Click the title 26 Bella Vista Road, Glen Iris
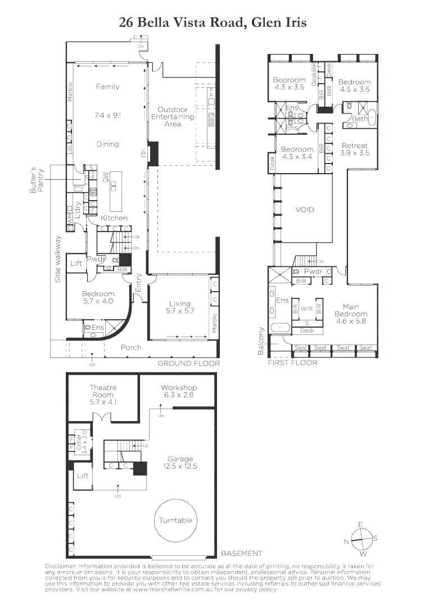tap(213, 22)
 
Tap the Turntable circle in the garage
tap(175, 520)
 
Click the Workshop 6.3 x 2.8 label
tap(179, 392)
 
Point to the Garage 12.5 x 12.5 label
tap(180, 463)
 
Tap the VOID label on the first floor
tap(304, 210)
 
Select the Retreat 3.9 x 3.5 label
tap(355, 150)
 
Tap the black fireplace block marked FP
tap(153, 153)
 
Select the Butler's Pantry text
tap(36, 181)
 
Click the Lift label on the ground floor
tap(75, 262)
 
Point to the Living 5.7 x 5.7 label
tap(180, 307)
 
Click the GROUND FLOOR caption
tap(188, 364)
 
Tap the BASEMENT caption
tap(241, 553)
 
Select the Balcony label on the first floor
tap(260, 341)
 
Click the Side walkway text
tap(57, 259)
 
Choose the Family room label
tap(107, 87)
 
